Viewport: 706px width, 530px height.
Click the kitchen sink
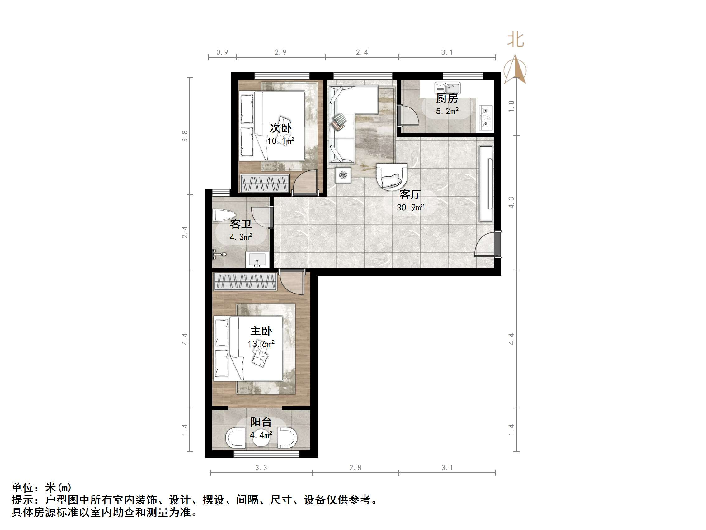coord(447,88)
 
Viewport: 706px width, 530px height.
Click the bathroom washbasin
coord(257,260)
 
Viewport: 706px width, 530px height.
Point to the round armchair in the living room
coord(391,177)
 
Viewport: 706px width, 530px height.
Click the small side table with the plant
coord(343,175)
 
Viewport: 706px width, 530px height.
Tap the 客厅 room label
coord(410,194)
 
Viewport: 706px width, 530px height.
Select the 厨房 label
coord(447,98)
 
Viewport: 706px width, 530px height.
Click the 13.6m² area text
coord(261,344)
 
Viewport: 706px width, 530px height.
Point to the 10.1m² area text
coord(280,141)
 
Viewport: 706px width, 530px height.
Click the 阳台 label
coord(261,422)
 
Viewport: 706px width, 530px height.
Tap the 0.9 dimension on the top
coord(222,52)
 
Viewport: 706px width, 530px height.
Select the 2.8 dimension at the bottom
coord(355,468)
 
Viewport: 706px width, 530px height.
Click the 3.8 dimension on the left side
coord(185,136)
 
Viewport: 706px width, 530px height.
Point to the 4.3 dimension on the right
coord(511,203)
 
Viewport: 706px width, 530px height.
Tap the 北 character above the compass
coord(515,40)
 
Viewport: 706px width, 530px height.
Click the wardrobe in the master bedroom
coord(244,281)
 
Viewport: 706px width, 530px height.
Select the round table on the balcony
coord(261,438)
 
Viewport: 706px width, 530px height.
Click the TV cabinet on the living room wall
coord(487,184)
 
